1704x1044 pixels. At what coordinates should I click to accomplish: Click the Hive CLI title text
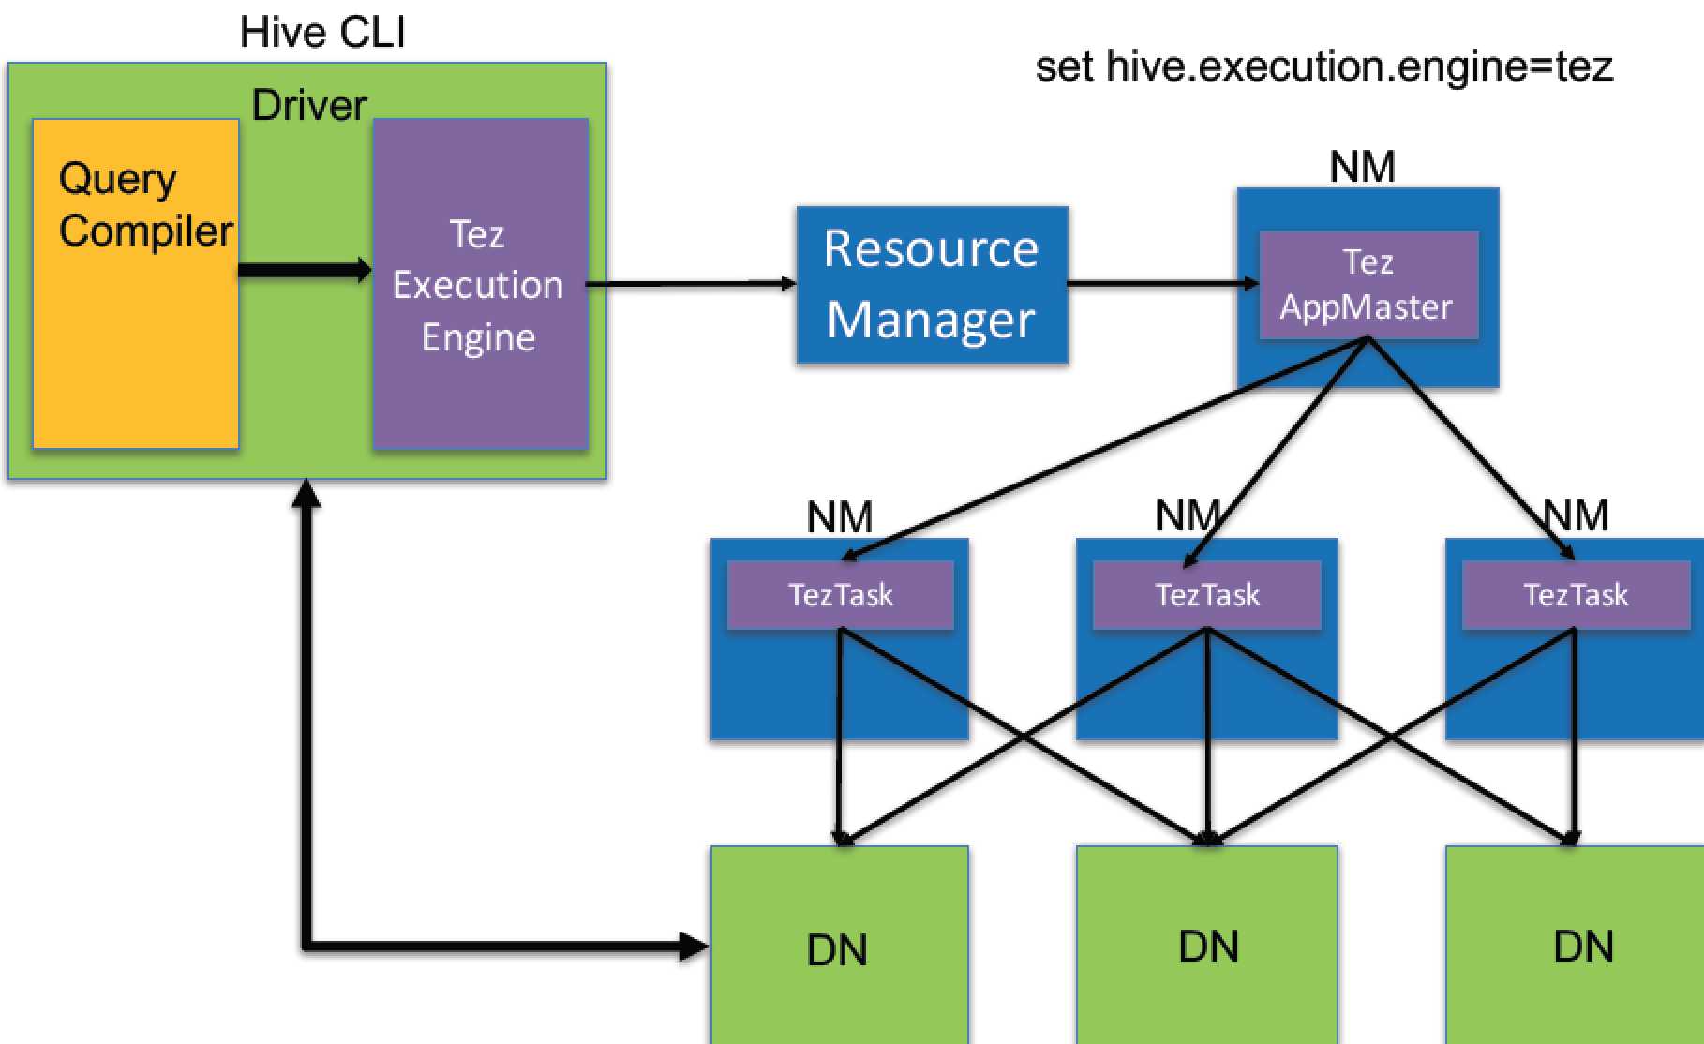(x=322, y=32)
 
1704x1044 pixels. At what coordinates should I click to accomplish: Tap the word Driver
(x=309, y=105)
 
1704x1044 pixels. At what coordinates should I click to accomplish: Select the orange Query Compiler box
(x=136, y=328)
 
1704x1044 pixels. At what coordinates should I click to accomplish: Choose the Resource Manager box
(x=932, y=284)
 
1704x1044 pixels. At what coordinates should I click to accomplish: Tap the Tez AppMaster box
(x=1368, y=284)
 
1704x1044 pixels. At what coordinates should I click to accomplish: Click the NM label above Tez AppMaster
(x=1362, y=167)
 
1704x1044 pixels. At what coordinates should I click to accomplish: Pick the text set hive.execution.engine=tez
(x=1323, y=67)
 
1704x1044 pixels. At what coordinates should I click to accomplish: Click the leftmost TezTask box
(x=841, y=595)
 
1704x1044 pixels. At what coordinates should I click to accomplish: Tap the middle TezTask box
(x=1207, y=595)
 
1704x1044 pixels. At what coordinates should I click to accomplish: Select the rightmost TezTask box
(x=1576, y=595)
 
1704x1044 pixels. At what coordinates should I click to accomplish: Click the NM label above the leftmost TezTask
(x=840, y=516)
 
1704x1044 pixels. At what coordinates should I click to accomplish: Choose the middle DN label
(x=1208, y=947)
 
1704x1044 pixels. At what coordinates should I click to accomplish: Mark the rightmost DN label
(x=1583, y=947)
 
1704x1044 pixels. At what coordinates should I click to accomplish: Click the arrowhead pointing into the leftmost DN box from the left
(x=695, y=947)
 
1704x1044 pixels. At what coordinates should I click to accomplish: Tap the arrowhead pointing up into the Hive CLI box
(x=306, y=493)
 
